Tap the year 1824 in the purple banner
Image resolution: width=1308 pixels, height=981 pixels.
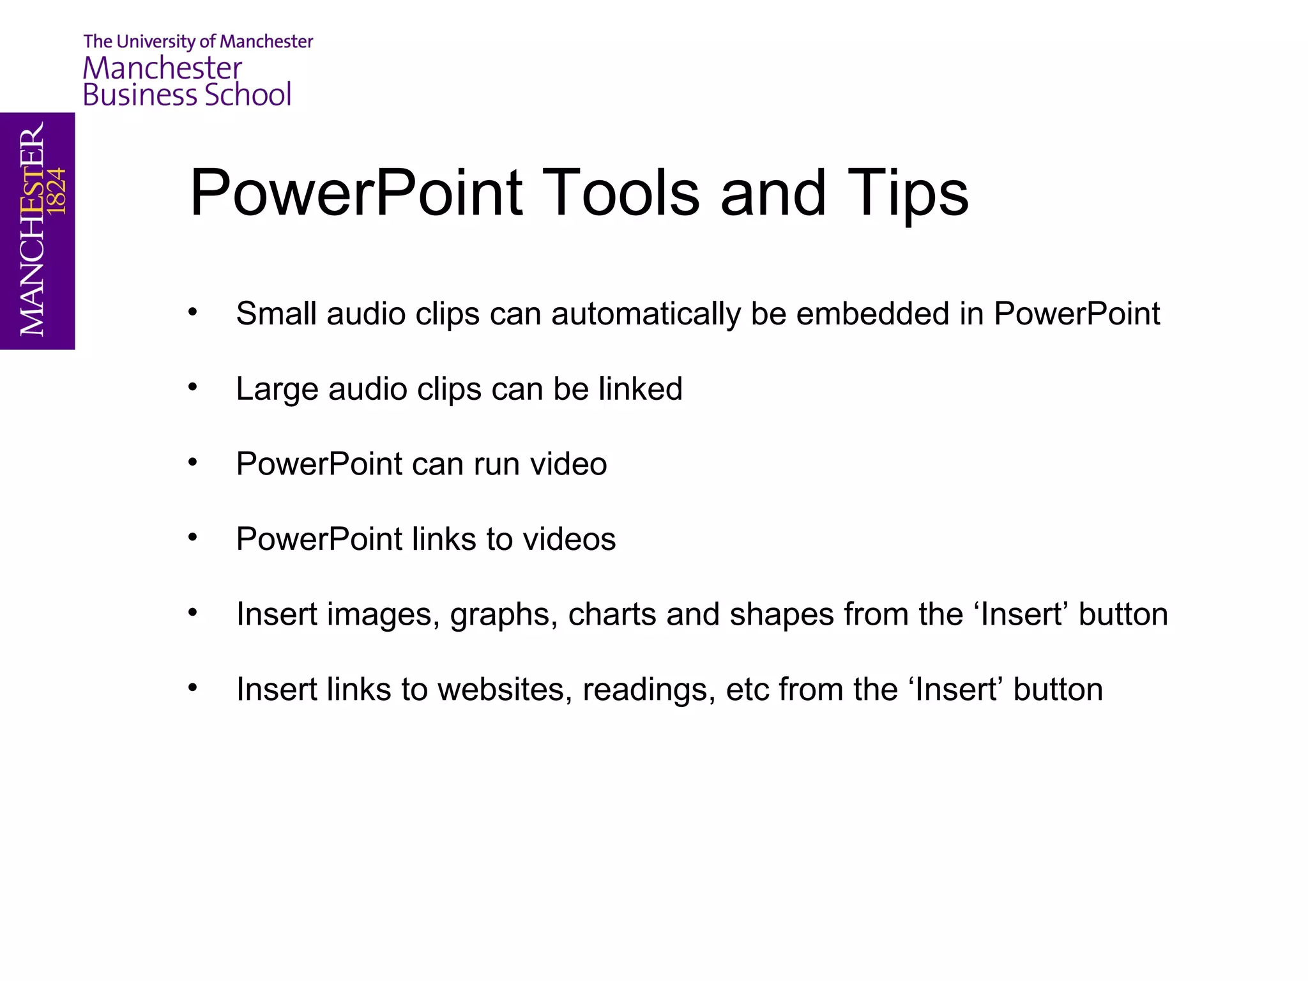click(57, 191)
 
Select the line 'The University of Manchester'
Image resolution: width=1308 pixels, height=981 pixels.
click(198, 42)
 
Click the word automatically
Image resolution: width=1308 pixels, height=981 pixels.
click(646, 314)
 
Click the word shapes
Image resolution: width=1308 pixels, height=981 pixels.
click(781, 614)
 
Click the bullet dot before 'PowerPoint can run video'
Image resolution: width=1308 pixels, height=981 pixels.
click(192, 462)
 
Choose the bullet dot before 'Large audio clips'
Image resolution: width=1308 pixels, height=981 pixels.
click(192, 387)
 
